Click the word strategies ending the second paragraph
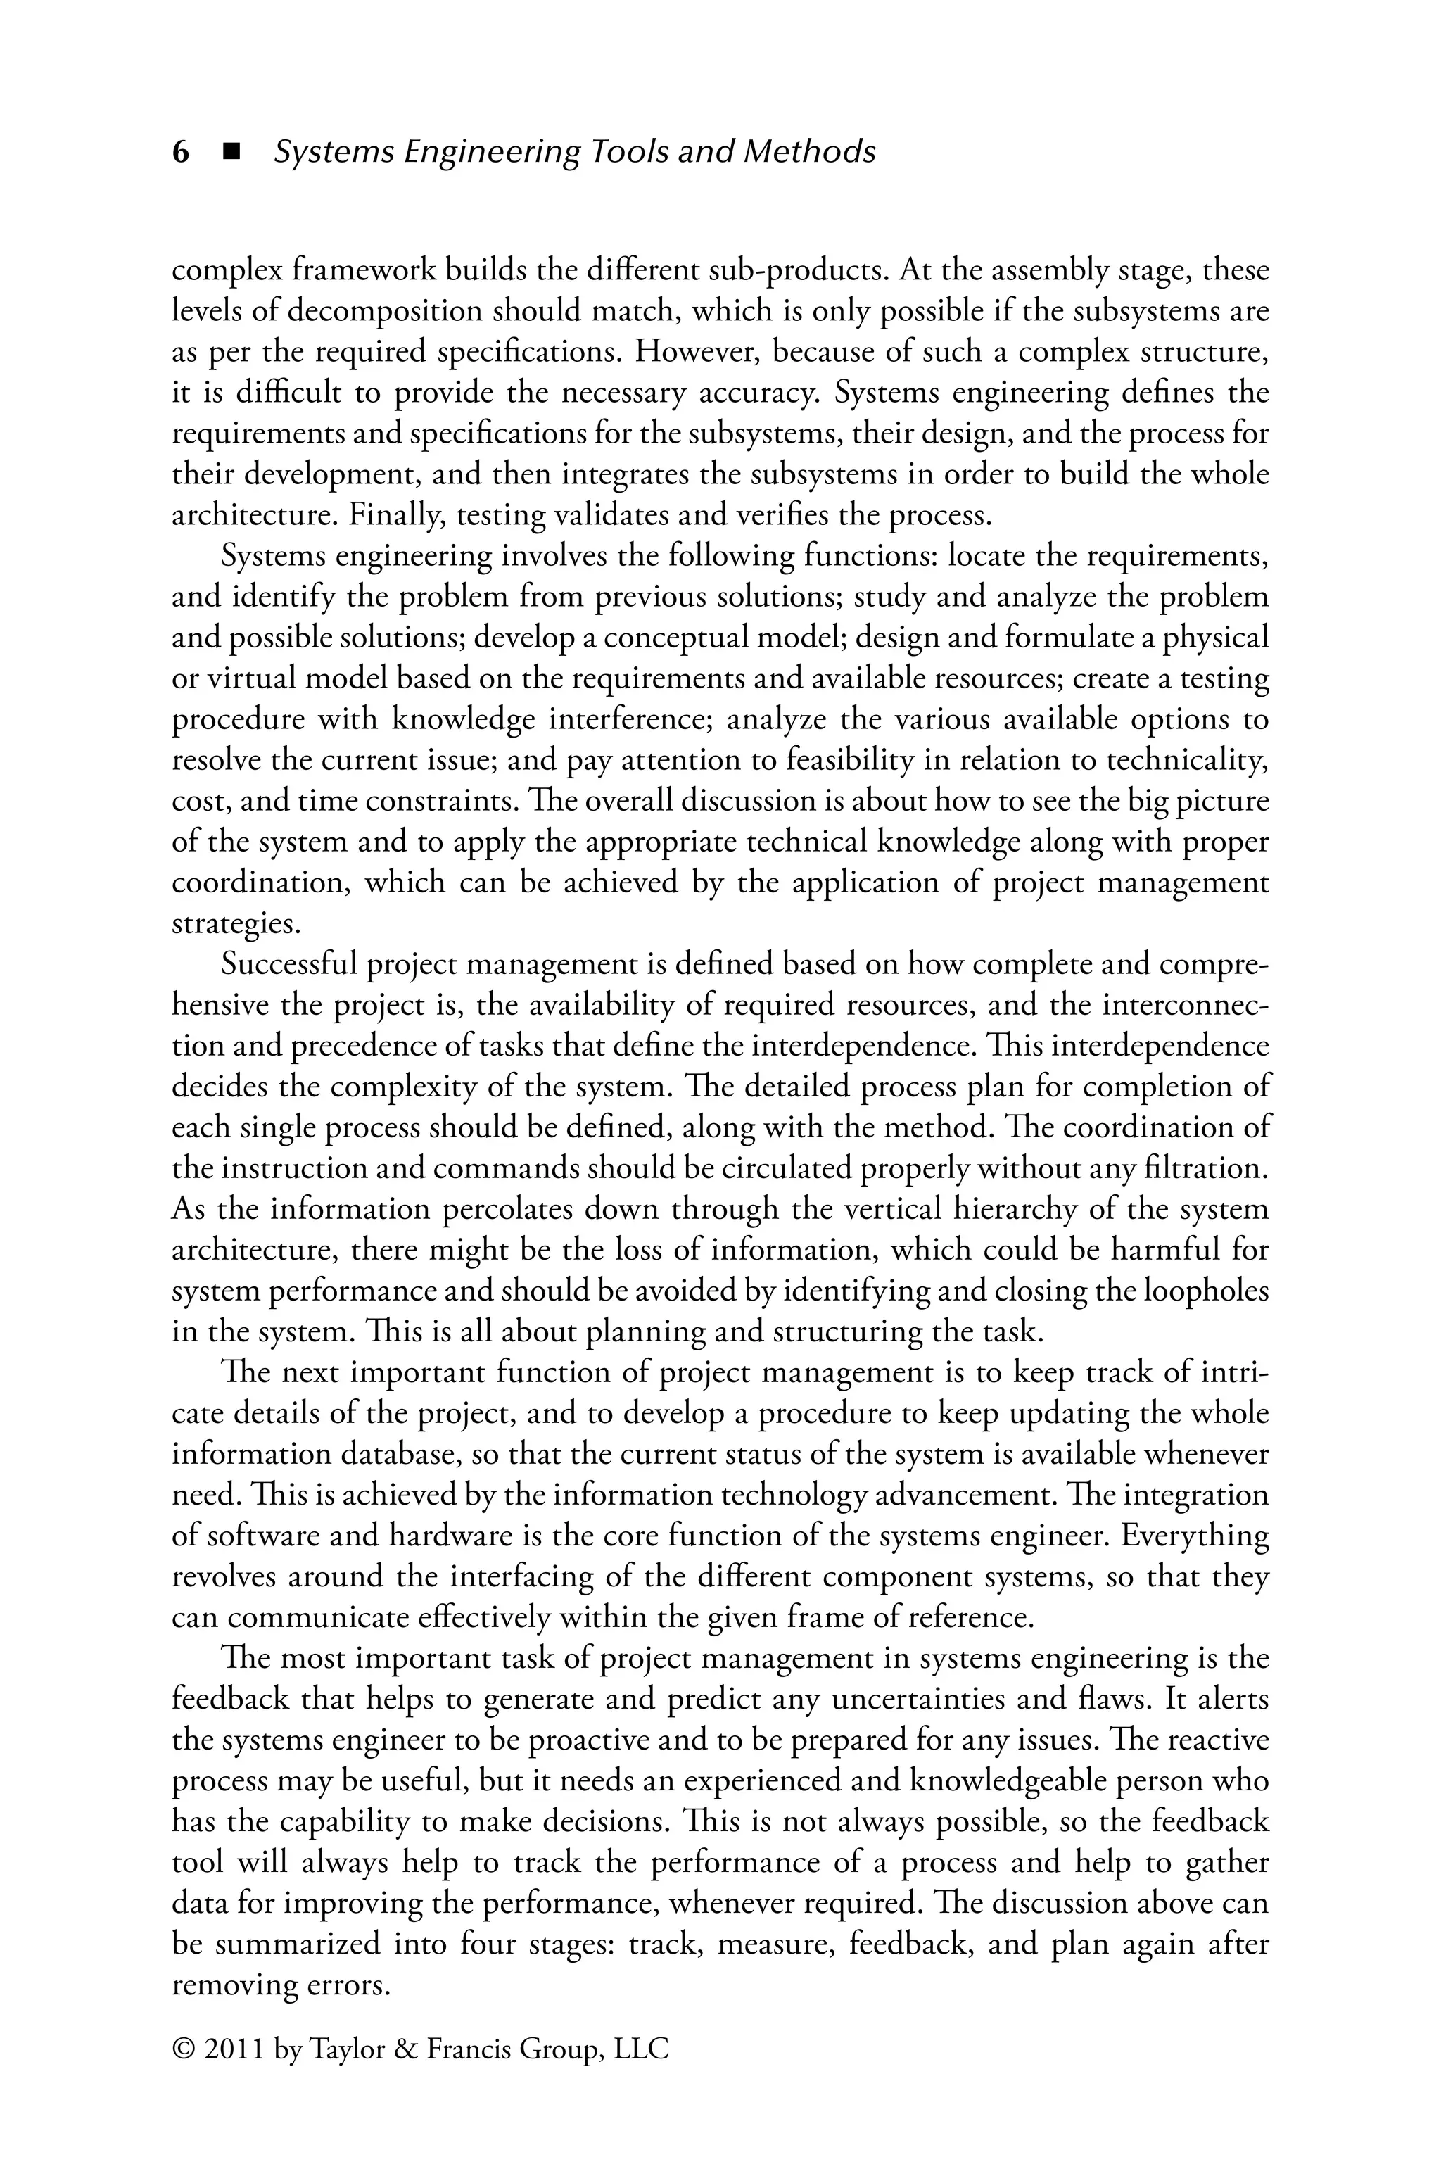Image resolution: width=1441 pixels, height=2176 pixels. coord(235,923)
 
